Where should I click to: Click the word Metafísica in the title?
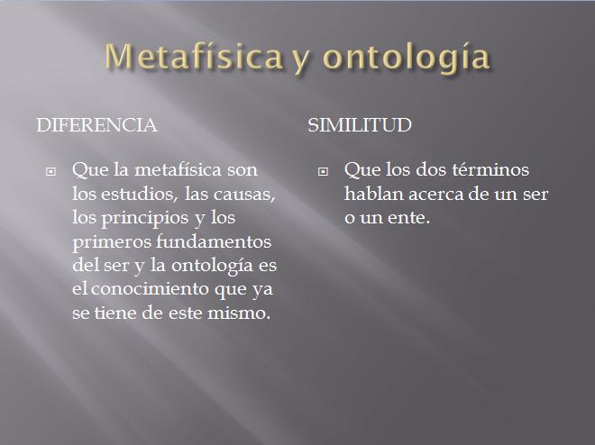194,56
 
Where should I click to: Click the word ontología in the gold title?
406,59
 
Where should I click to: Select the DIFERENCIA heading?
96,125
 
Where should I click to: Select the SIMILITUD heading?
360,125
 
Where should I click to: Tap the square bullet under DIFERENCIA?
50,172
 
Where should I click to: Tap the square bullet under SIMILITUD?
323,172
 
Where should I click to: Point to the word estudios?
140,194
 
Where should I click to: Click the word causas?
243,195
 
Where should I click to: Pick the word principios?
144,219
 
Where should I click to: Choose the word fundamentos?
214,241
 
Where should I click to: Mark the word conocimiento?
150,289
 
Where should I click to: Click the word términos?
490,170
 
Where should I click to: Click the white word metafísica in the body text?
178,170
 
